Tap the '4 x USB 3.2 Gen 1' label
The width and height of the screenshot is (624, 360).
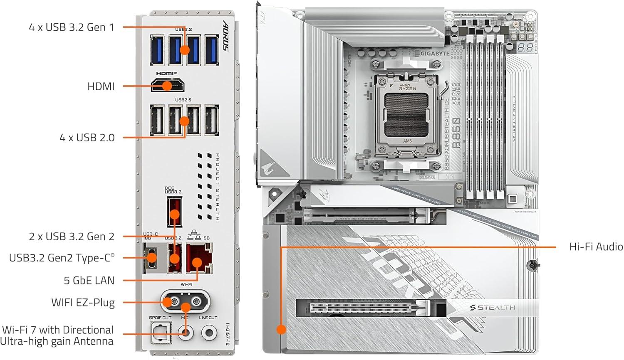pos(71,27)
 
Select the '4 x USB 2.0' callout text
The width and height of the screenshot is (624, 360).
pos(87,138)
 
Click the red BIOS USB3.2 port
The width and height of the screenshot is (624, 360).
pos(174,212)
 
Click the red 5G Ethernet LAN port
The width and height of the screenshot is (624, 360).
pos(199,259)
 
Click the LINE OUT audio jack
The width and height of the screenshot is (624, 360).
pos(209,333)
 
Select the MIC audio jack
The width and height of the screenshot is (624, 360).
pos(186,333)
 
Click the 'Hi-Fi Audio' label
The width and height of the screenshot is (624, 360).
pos(596,247)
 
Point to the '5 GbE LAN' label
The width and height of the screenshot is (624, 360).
pos(89,281)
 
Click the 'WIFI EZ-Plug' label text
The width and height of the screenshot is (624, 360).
pos(83,303)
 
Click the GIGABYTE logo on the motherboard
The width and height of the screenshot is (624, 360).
pos(435,54)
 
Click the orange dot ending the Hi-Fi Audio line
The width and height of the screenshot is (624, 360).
pos(281,330)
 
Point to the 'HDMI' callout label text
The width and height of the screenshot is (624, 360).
pos(101,86)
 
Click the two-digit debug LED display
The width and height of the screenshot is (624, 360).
pos(525,47)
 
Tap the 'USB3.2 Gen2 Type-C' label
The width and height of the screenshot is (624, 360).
pos(62,258)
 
